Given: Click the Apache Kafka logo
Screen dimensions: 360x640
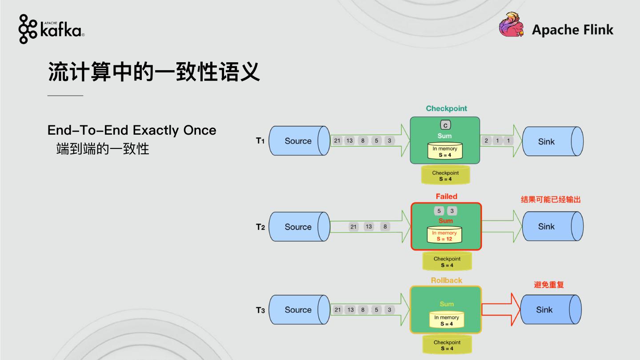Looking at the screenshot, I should pos(51,29).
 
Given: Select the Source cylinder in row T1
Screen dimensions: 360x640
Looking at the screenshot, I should pos(298,141).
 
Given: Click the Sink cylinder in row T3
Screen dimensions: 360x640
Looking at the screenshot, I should pos(550,310).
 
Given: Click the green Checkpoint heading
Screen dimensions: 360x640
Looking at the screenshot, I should pos(446,108).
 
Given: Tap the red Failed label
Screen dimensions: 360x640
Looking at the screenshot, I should pos(446,196).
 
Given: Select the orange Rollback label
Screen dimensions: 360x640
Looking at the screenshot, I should pos(446,280).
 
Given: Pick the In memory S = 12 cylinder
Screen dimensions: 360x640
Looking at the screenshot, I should pos(445,236).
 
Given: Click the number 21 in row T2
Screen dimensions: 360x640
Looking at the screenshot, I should pos(353,227).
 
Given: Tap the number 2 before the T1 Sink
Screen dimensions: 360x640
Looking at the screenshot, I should pos(486,141).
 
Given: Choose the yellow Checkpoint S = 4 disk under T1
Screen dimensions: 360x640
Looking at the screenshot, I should pos(445,176).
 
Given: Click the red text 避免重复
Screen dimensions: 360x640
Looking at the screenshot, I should pos(548,285).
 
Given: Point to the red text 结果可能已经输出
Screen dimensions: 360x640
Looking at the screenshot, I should pos(551,200).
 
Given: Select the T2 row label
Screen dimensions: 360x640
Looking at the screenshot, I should pos(260,227).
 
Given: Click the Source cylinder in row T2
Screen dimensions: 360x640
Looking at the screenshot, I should pos(298,227).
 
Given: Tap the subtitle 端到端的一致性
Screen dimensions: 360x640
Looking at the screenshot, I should pos(103,149).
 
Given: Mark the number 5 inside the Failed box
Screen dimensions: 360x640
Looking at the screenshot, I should pos(439,211).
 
